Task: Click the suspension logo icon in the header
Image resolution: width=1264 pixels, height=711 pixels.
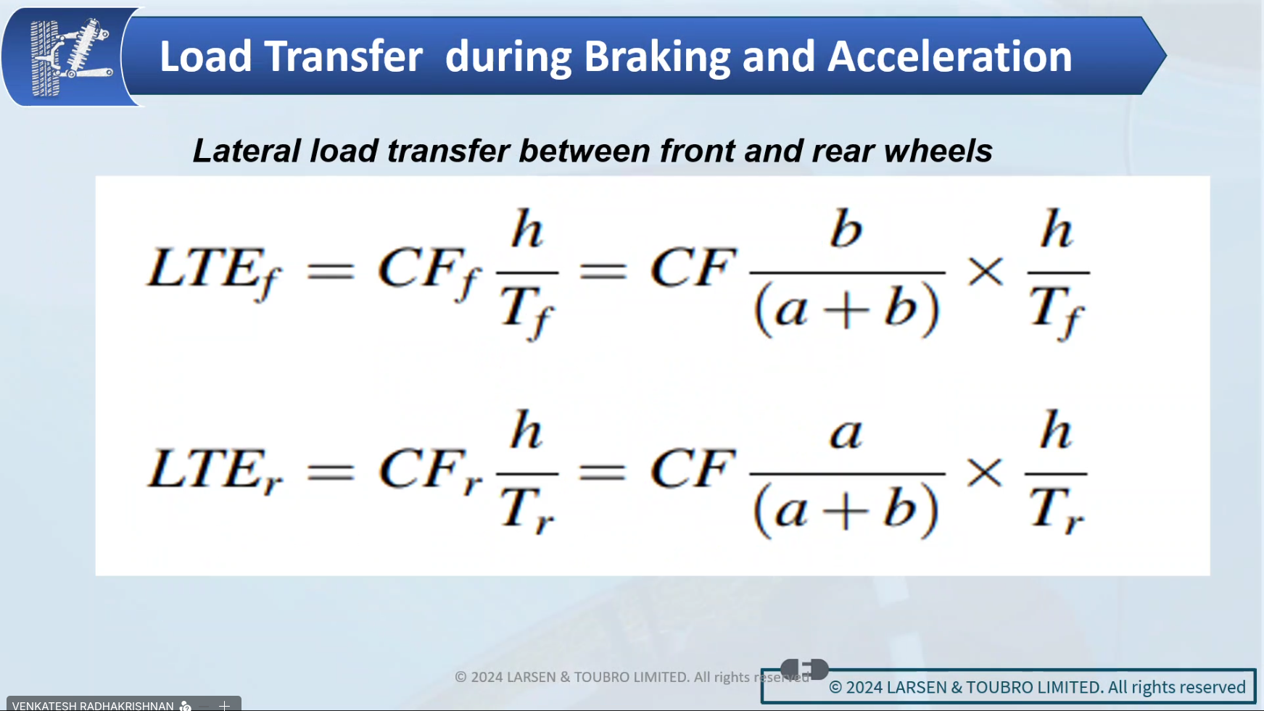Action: pos(71,57)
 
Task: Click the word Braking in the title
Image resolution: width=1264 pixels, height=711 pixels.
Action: pos(657,57)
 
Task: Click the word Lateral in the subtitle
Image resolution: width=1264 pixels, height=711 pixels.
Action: pos(247,151)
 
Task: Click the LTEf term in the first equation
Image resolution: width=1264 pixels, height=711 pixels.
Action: pos(214,273)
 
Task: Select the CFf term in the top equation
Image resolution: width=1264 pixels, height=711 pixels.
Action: pos(429,273)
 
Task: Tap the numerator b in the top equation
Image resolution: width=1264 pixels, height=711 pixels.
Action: pos(846,230)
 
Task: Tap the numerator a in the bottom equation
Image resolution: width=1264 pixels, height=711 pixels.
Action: pos(846,434)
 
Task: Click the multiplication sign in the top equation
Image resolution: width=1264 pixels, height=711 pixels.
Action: pos(986,273)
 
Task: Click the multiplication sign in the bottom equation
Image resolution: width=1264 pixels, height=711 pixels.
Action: pos(985,473)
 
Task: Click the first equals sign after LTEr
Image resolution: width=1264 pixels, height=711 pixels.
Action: pos(331,473)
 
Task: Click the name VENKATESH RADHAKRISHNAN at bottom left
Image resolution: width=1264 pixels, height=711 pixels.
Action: pos(93,705)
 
